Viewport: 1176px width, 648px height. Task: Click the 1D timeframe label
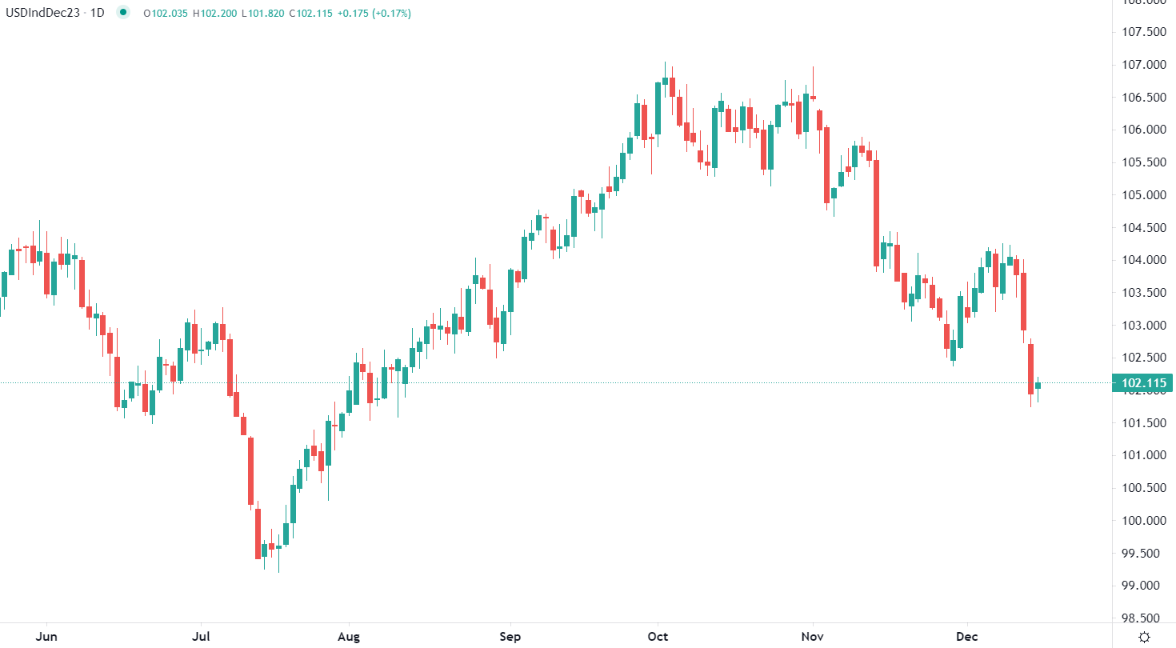click(97, 13)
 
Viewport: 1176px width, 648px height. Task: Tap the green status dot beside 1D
click(122, 13)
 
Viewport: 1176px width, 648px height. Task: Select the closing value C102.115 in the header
click(310, 13)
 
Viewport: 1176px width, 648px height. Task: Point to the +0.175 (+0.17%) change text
click(374, 13)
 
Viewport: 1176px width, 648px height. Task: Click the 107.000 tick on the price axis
click(1144, 64)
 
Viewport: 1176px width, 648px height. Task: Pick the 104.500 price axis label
click(1144, 227)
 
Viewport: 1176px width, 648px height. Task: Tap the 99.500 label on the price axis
click(1144, 553)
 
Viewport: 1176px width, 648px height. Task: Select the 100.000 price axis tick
click(1144, 520)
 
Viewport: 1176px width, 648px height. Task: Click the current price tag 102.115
click(1144, 382)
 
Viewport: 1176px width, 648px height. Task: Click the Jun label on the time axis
click(46, 637)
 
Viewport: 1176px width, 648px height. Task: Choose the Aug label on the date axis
click(349, 637)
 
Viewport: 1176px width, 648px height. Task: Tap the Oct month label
click(658, 637)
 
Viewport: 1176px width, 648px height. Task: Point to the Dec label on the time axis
click(967, 637)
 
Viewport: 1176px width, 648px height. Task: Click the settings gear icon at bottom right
click(1144, 637)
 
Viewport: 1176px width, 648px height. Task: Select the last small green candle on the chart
click(1038, 386)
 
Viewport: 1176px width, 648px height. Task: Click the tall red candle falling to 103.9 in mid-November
click(877, 213)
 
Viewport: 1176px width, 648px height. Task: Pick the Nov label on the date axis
click(813, 637)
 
